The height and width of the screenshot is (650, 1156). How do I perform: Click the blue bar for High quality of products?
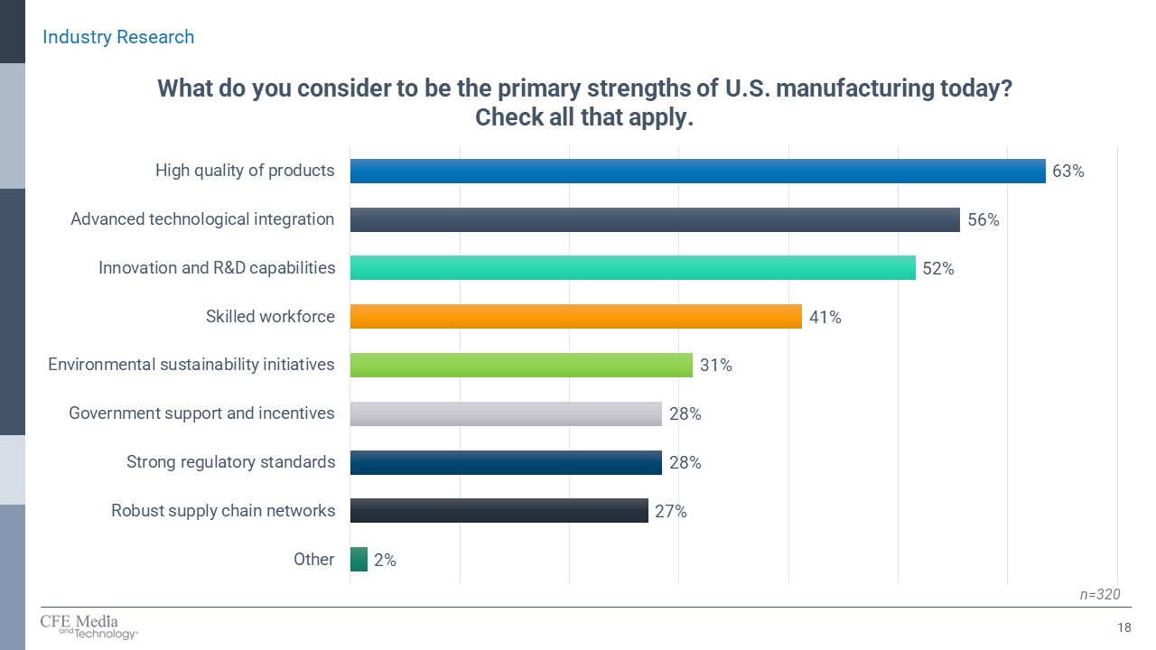pyautogui.click(x=697, y=171)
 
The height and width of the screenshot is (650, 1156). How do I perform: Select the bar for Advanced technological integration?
pyautogui.click(x=655, y=219)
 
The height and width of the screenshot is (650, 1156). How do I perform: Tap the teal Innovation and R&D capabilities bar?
pyautogui.click(x=632, y=268)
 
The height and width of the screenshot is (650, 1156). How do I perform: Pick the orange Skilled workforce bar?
pyautogui.click(x=575, y=317)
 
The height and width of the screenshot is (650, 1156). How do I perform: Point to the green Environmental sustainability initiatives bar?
pyautogui.click(x=521, y=365)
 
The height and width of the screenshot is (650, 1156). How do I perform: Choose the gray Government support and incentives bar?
pyautogui.click(x=506, y=413)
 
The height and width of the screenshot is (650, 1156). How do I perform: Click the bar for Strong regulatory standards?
pyautogui.click(x=506, y=462)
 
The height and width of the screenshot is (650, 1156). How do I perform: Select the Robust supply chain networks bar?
pyautogui.click(x=499, y=511)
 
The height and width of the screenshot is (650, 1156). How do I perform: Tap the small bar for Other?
pyautogui.click(x=359, y=560)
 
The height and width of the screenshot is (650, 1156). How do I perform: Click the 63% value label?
pyautogui.click(x=1067, y=171)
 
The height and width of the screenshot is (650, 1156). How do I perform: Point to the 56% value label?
pyautogui.click(x=983, y=219)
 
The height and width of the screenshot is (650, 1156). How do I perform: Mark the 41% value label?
pyautogui.click(x=825, y=317)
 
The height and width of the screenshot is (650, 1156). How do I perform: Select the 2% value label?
pyautogui.click(x=385, y=560)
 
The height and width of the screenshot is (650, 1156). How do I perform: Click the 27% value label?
pyautogui.click(x=671, y=511)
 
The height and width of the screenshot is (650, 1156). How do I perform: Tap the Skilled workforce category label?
pyautogui.click(x=270, y=317)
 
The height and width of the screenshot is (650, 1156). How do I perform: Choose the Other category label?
pyautogui.click(x=313, y=560)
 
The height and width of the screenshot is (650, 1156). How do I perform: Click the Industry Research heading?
pyautogui.click(x=118, y=37)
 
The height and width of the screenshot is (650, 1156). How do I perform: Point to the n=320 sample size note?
pyautogui.click(x=1100, y=594)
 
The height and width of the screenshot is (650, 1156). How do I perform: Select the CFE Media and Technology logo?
pyautogui.click(x=89, y=627)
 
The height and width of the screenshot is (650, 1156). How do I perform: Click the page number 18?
pyautogui.click(x=1124, y=628)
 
